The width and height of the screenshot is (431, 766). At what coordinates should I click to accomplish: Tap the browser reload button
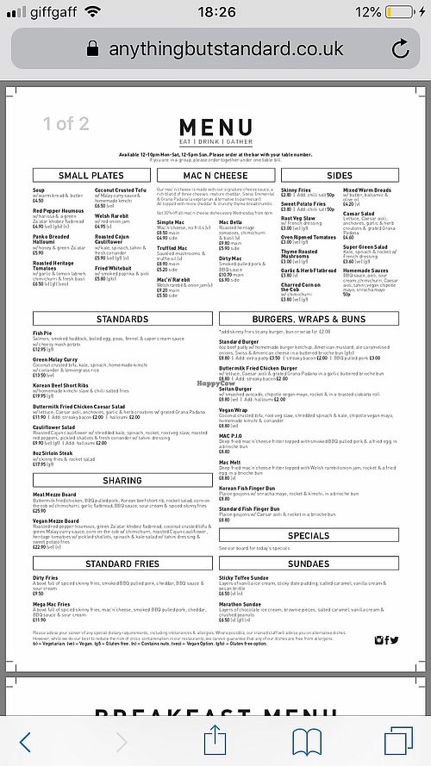(x=399, y=49)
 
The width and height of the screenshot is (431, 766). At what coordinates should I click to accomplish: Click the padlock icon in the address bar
(x=94, y=49)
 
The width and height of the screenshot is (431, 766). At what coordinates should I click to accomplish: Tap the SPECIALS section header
(x=309, y=535)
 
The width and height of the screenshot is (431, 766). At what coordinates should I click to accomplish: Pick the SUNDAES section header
(x=309, y=564)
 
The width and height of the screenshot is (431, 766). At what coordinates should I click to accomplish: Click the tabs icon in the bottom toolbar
(x=399, y=740)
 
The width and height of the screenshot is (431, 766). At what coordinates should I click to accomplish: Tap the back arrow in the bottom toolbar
(x=26, y=740)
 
